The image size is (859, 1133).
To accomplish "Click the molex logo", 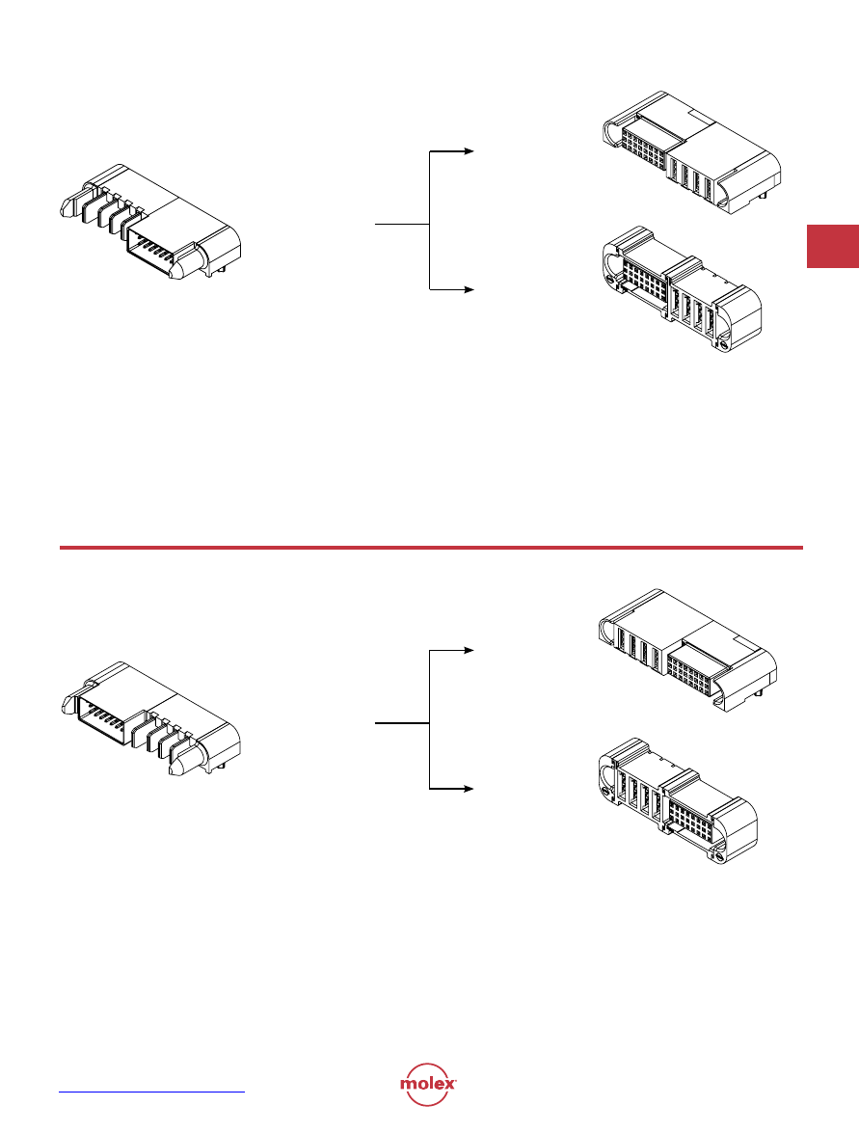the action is [x=428, y=1084].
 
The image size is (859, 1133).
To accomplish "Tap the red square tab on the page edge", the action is [x=832, y=246].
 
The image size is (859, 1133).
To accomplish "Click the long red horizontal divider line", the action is [x=431, y=548].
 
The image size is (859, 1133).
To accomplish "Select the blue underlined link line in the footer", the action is [x=151, y=1092].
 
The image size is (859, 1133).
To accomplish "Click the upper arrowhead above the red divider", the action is [x=470, y=151].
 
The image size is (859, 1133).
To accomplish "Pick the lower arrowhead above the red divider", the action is [x=470, y=289].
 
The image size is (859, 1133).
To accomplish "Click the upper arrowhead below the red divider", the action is [x=470, y=650].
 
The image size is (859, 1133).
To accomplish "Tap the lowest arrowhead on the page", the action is [x=470, y=789].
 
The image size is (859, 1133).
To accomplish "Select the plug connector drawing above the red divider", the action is [x=150, y=221].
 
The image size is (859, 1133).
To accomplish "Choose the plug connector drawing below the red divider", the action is [x=150, y=719].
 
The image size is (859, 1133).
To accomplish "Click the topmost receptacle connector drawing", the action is [x=691, y=152].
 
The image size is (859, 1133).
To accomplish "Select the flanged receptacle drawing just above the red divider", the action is [x=682, y=289].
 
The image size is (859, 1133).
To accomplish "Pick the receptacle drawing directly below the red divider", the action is [x=688, y=650].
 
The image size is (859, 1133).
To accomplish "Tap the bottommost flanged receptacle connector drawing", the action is [x=679, y=802].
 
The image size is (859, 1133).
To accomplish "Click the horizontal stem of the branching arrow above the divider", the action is [x=402, y=224].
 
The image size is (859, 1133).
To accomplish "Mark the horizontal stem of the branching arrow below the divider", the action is [x=402, y=722].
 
